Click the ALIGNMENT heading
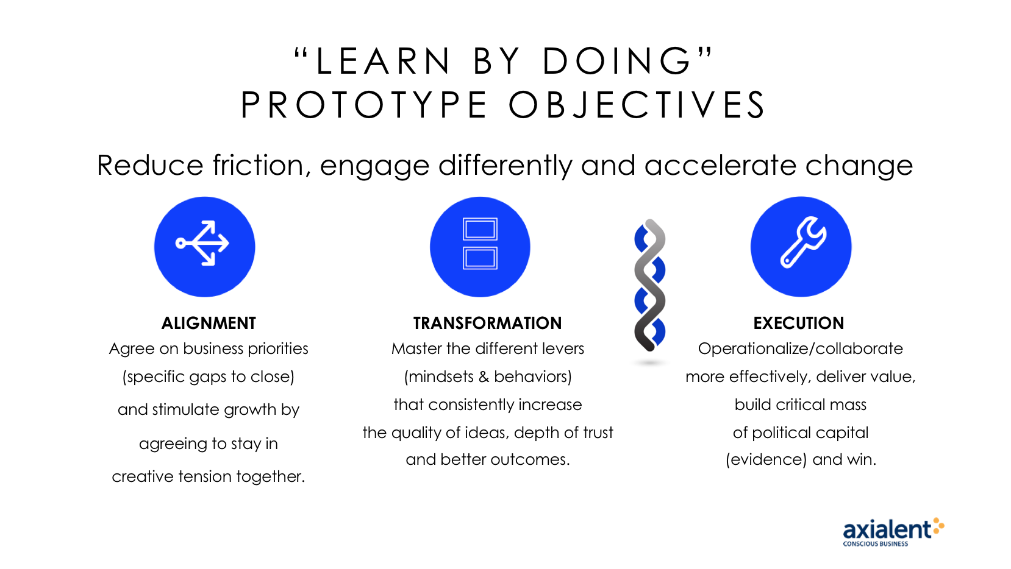pos(209,323)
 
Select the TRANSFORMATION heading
pos(487,323)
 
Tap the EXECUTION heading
pos(798,323)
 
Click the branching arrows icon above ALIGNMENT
pos(202,243)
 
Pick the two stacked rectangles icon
pos(480,244)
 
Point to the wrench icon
pos(804,242)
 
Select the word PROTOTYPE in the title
pos(364,105)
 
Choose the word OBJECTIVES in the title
pos(637,105)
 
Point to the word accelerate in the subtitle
pos(720,166)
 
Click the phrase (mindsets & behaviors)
pos(488,376)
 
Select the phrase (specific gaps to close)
pos(209,376)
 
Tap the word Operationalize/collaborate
pos(801,348)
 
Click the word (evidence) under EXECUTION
pos(766,459)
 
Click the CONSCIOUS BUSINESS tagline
pos(875,544)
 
